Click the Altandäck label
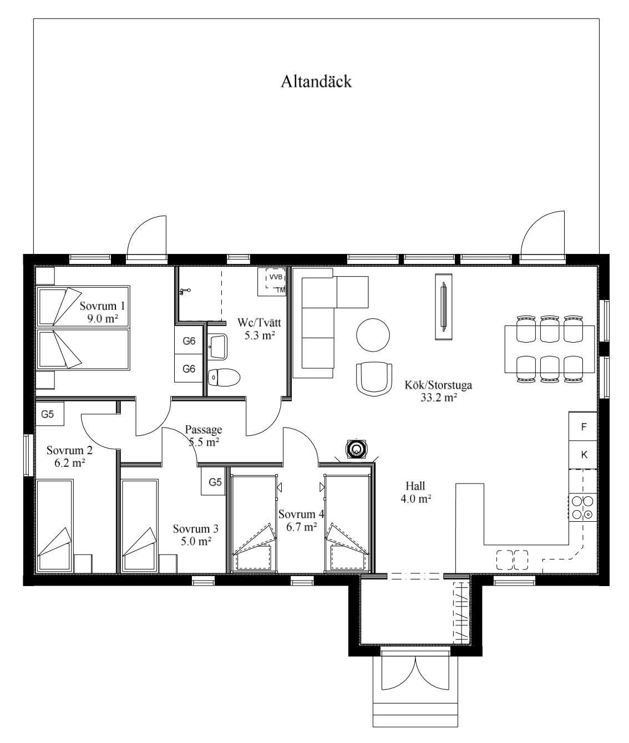point(316,82)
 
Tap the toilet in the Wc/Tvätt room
point(224,378)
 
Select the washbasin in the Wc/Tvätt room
point(217,347)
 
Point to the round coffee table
point(373,335)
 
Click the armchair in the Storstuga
point(374,379)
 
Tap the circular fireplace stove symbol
point(357,449)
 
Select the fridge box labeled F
point(582,426)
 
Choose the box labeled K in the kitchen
point(582,455)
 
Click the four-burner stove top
point(582,507)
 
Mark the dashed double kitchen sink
point(512,560)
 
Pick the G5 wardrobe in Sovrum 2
point(49,414)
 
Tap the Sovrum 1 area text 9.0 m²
point(103,318)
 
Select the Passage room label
point(203,430)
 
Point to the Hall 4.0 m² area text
point(416,498)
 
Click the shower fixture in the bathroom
point(185,291)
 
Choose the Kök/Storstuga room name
point(438,385)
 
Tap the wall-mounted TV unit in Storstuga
point(443,306)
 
